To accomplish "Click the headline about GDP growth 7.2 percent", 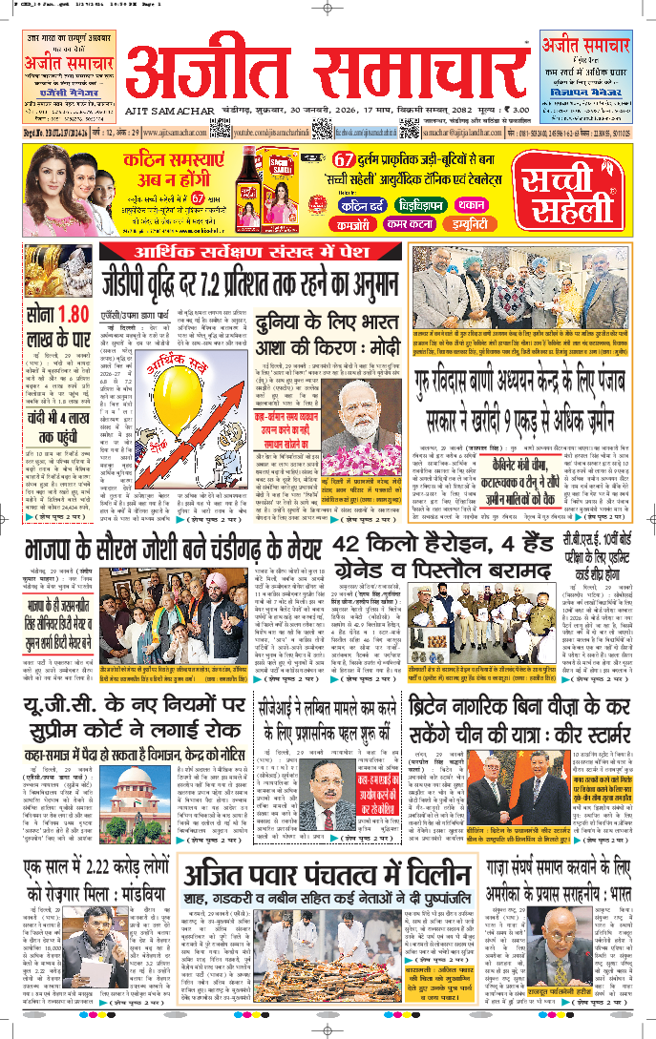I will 250,283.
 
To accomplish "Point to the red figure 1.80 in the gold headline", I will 74,313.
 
